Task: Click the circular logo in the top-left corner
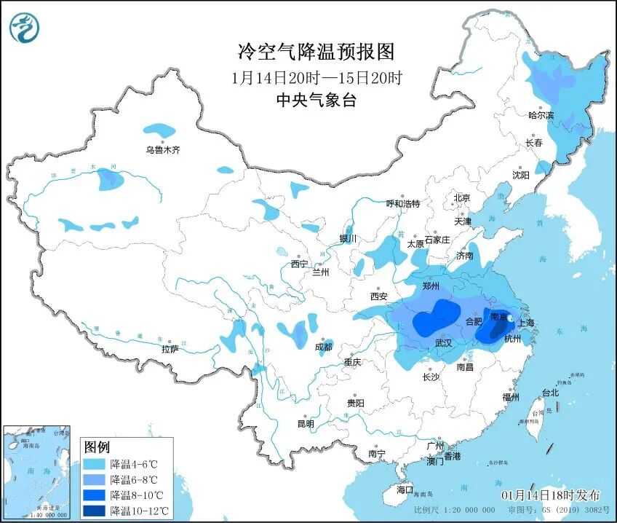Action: (x=24, y=28)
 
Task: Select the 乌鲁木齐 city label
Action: (x=162, y=150)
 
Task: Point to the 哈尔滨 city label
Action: (x=541, y=115)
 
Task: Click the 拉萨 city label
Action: (x=170, y=350)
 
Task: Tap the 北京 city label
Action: (x=462, y=198)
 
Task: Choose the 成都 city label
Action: (x=325, y=347)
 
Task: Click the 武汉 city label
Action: (x=444, y=342)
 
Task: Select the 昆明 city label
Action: (x=306, y=424)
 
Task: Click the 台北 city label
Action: (x=551, y=393)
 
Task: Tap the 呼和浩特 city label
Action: (x=402, y=204)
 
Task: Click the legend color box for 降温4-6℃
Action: (x=94, y=463)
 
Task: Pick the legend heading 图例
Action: (x=96, y=447)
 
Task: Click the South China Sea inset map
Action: (x=37, y=471)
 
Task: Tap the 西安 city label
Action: (x=379, y=296)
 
